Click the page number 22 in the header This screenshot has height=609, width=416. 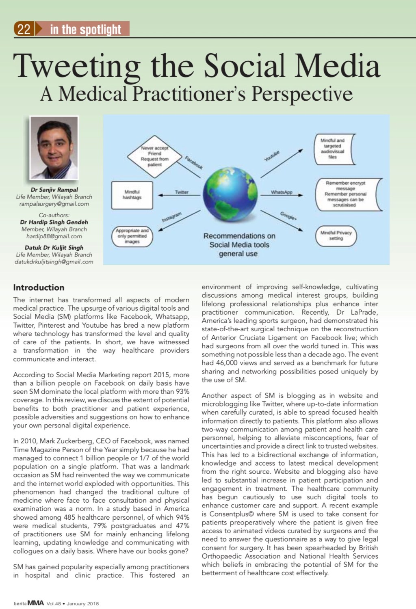[24, 29]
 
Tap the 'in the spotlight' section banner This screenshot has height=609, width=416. [85, 29]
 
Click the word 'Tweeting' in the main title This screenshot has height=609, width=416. [77, 66]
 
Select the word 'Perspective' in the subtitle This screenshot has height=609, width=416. [302, 94]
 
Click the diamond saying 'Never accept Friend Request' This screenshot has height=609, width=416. [154, 156]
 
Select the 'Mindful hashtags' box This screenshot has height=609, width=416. [132, 195]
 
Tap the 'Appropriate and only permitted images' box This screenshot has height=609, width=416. [132, 236]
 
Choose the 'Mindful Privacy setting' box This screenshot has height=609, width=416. [336, 236]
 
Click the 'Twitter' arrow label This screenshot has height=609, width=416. [182, 192]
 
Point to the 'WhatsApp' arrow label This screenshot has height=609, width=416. [282, 192]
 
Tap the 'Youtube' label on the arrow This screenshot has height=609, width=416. [272, 156]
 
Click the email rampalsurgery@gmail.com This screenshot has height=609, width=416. [54, 204]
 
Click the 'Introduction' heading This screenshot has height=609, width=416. [39, 287]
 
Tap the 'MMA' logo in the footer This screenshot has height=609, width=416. [35, 603]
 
